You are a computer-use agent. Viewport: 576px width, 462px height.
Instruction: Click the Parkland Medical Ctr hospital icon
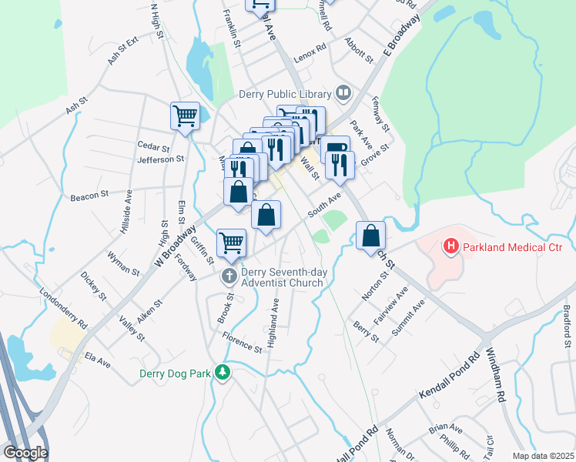tap(450, 247)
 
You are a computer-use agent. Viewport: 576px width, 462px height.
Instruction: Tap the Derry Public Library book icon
tap(343, 94)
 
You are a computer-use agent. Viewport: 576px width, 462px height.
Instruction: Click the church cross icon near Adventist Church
tap(229, 276)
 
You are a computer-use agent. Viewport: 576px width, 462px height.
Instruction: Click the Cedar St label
tap(153, 146)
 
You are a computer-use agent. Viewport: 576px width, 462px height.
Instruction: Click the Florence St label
tap(243, 342)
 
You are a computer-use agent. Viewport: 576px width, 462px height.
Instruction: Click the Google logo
tap(25, 453)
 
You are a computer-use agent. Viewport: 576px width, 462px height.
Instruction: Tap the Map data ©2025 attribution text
tap(543, 456)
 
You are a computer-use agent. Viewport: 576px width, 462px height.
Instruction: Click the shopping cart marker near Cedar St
tap(185, 117)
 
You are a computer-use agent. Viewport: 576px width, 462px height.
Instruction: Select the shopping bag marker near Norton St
tap(371, 236)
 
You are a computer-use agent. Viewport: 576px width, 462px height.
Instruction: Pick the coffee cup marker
tap(335, 148)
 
